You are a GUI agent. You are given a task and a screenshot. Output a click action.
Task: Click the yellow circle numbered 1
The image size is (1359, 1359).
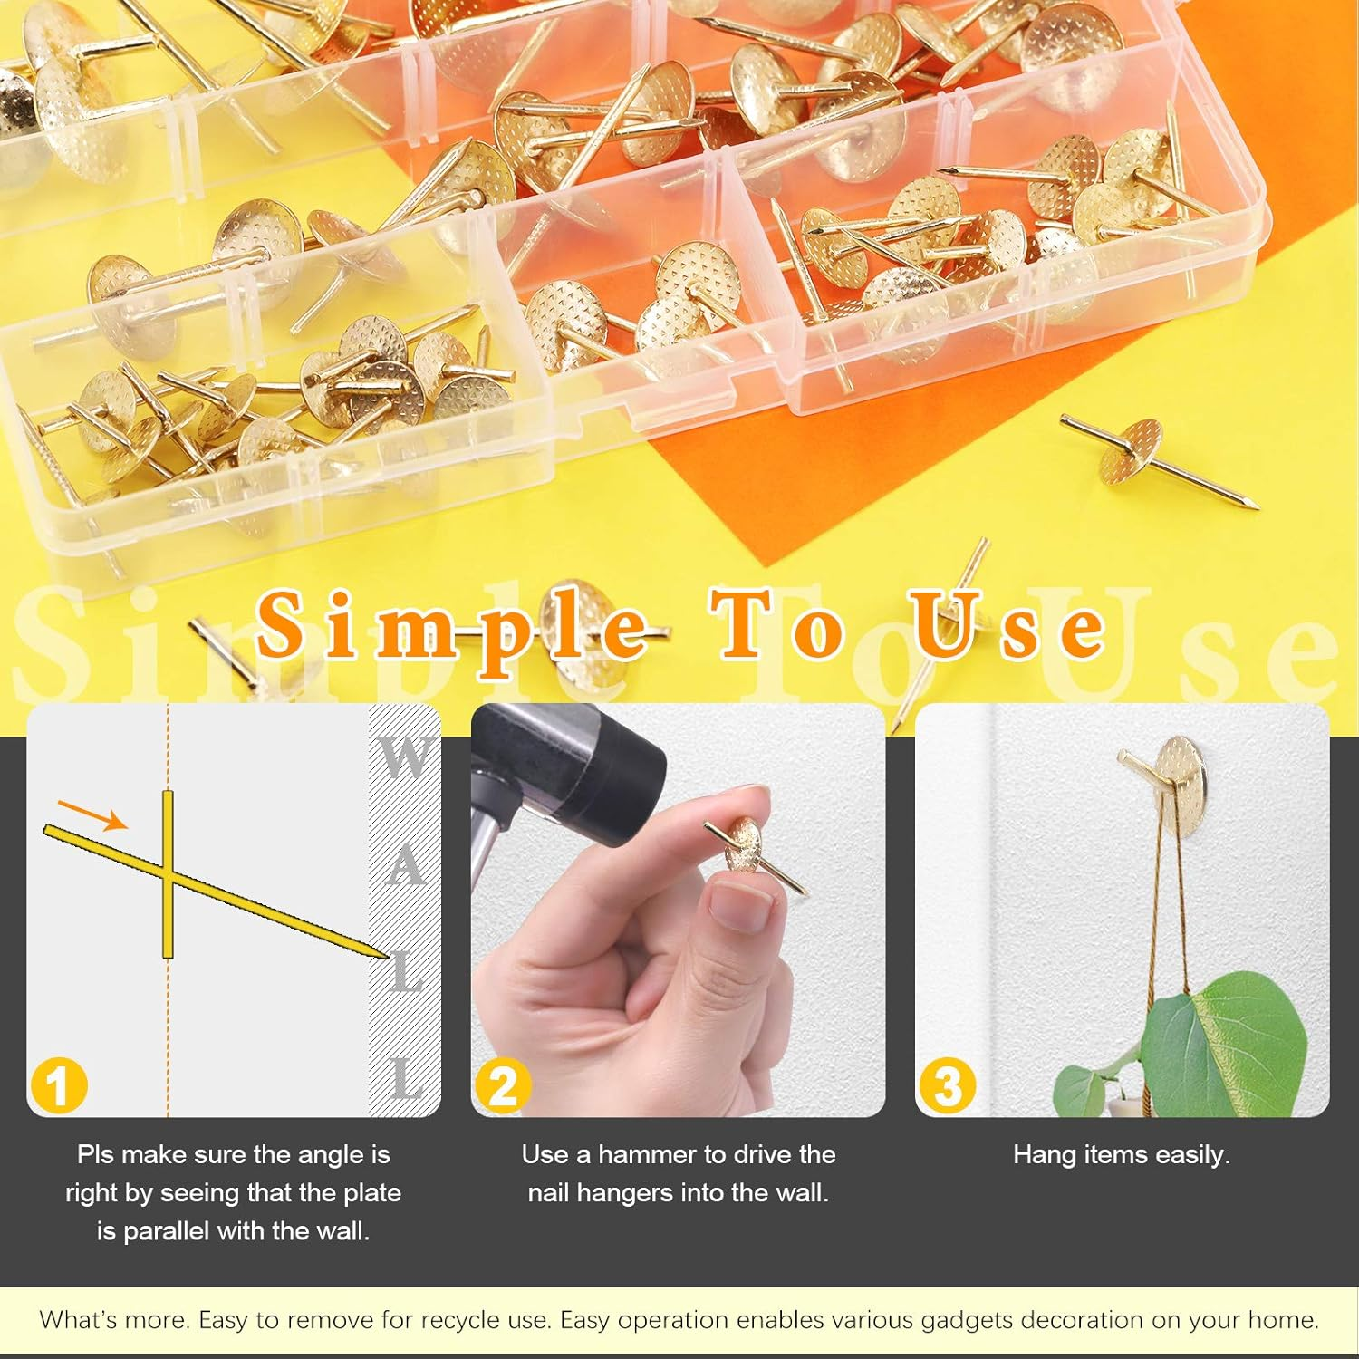58,1085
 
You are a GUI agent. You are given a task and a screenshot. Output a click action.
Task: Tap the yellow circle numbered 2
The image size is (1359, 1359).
503,1085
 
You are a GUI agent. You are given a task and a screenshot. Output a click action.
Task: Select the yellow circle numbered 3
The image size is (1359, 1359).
947,1085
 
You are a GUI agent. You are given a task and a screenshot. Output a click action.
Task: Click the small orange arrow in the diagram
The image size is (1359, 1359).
92,814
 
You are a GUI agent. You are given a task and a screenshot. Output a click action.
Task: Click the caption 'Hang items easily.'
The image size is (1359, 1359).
1121,1154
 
